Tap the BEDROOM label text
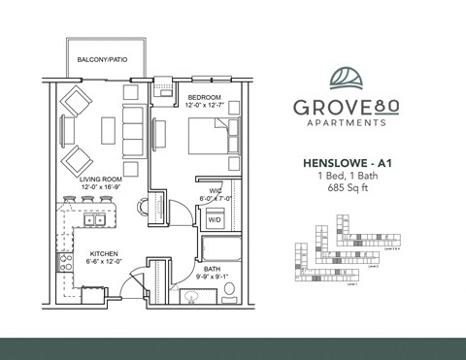pos(205,97)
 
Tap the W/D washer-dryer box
pos(212,219)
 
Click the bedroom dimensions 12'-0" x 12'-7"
pos(206,106)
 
